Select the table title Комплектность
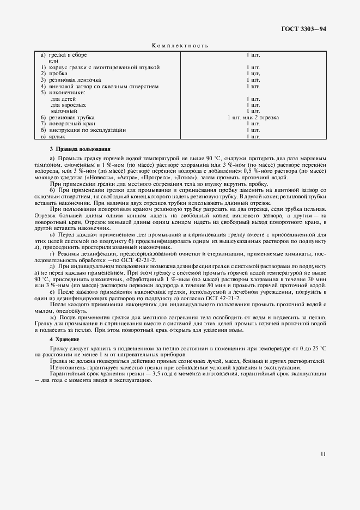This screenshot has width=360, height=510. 180,46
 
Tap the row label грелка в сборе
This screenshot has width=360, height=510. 68,55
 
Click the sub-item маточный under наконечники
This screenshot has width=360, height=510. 63,111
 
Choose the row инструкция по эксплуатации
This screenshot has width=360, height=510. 87,130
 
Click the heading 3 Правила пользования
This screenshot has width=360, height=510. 80,149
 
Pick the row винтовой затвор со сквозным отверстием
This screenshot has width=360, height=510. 103,86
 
